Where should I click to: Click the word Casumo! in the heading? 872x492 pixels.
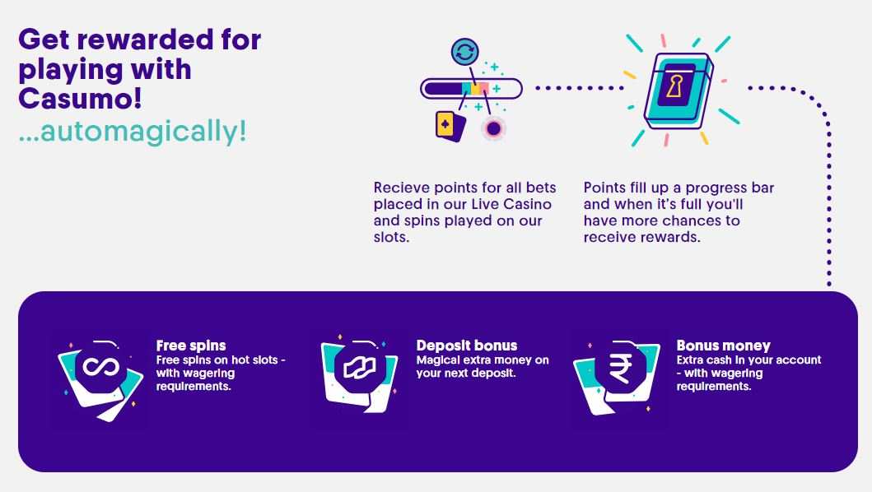80,99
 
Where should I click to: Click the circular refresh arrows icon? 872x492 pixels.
465,53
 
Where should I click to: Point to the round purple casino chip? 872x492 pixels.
493,128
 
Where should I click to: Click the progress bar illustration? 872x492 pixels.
472,88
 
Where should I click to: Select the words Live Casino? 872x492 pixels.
511,204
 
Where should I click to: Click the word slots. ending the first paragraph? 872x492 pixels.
391,237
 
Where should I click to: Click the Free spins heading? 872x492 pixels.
191,346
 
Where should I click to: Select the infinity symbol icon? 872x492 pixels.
100,367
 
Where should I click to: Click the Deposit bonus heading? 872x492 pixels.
467,346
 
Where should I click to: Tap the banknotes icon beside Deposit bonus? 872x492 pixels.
359,368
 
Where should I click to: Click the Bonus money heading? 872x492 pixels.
724,346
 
